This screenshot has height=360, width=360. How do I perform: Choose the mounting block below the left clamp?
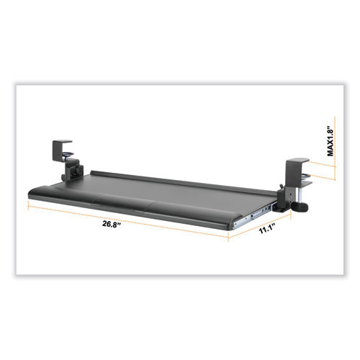pyautogui.click(x=71, y=174)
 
